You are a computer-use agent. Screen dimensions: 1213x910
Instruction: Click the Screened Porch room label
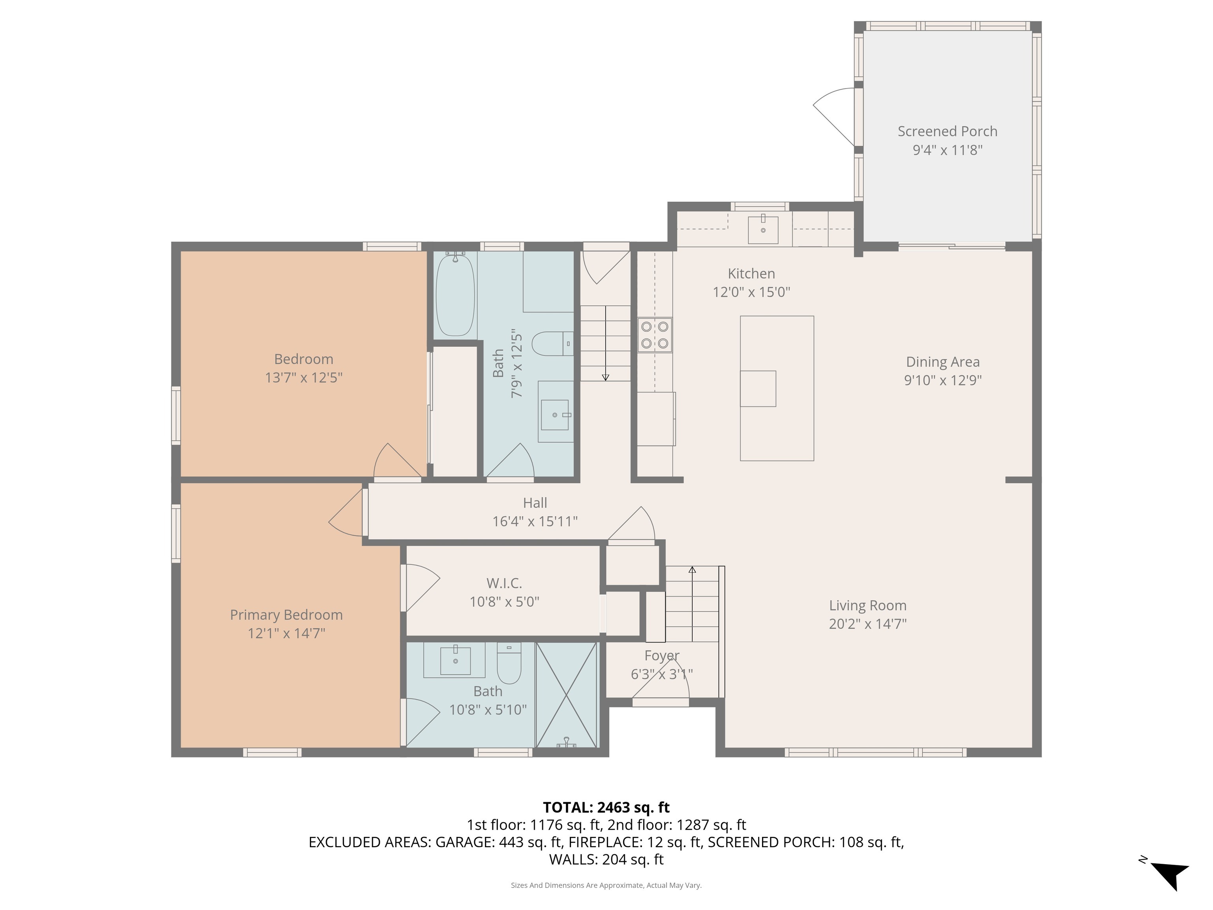947,132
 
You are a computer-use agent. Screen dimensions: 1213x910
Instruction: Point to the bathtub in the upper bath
455,294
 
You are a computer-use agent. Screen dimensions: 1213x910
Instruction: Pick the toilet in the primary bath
509,663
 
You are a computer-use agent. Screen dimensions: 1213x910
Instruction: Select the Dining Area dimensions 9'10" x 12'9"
943,380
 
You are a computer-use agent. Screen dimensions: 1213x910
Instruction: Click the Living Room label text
868,605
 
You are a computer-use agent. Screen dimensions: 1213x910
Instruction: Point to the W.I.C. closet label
504,583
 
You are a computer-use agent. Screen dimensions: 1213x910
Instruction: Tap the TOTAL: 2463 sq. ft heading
606,807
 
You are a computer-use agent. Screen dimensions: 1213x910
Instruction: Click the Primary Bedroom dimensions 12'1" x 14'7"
286,634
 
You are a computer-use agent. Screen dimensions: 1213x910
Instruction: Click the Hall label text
535,503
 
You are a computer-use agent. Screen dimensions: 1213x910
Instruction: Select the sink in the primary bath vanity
455,661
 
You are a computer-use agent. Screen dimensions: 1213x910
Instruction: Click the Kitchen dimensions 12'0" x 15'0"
751,292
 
